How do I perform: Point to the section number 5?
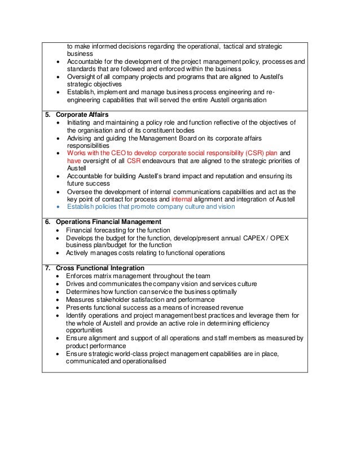point(48,113)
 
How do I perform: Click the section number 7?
point(48,267)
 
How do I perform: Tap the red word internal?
point(186,199)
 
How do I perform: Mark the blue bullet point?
point(59,207)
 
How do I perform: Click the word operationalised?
point(144,362)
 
